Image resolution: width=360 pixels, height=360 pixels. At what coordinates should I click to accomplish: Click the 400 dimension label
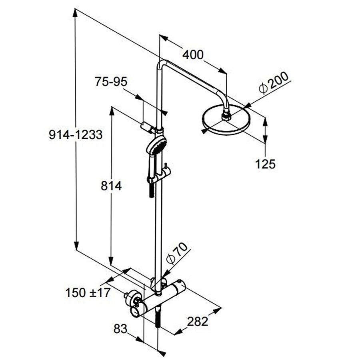coord(193,54)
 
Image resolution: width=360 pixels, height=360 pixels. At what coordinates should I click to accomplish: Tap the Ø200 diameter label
coord(273,84)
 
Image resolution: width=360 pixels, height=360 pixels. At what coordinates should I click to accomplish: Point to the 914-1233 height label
coord(76,135)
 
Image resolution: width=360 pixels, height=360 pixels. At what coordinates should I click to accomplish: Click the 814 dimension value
coord(110,186)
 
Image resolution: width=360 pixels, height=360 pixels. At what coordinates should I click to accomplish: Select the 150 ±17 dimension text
coord(88,293)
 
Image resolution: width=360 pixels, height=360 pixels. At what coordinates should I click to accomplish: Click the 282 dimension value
coord(198,321)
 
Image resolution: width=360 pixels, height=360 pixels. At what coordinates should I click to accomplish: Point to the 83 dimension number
coord(120,328)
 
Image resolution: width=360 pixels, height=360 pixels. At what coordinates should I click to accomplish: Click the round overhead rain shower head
coord(226,121)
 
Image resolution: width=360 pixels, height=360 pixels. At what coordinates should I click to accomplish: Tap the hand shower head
coord(156,145)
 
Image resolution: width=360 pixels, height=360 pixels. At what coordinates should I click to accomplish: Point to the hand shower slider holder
coord(165,173)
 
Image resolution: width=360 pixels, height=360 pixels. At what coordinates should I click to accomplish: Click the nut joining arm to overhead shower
coord(226,116)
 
